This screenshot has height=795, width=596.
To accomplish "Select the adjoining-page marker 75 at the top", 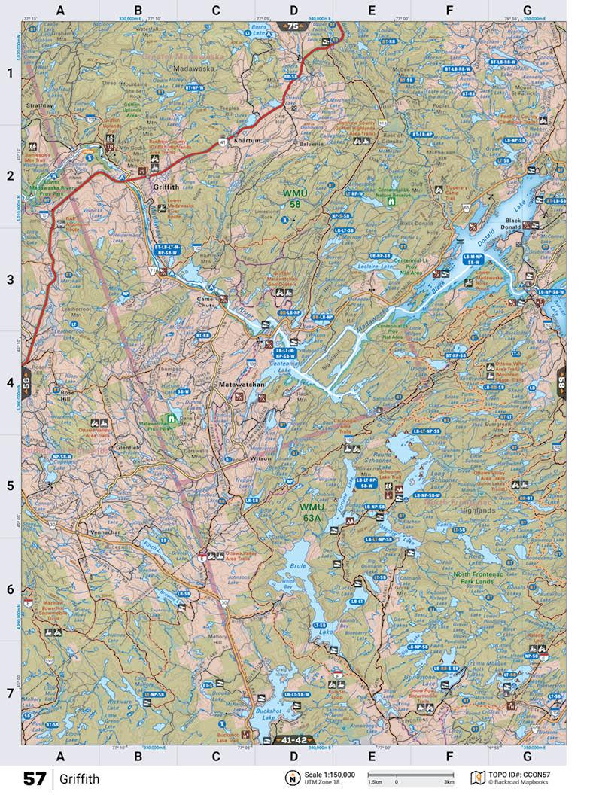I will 293,26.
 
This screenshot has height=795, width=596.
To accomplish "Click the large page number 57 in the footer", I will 35,778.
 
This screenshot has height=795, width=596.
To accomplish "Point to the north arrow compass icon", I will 290,778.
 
